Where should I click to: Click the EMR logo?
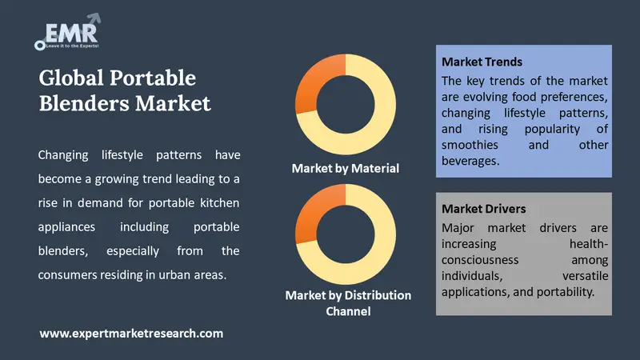(x=68, y=32)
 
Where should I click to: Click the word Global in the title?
(x=71, y=78)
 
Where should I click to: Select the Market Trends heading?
(x=482, y=62)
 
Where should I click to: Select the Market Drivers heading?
(x=483, y=209)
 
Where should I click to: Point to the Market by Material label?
(x=346, y=168)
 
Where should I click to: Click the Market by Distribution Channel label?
(x=348, y=303)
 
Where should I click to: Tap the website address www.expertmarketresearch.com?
(x=131, y=334)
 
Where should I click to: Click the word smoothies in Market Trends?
(x=470, y=145)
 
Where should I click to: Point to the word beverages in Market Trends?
(x=470, y=161)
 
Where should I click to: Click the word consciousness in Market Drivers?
(x=480, y=260)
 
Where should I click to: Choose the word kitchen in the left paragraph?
(x=219, y=203)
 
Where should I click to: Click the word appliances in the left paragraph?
(x=66, y=227)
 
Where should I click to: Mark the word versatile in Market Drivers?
(x=586, y=276)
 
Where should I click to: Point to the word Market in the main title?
(x=173, y=103)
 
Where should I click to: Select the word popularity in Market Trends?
(x=552, y=130)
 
